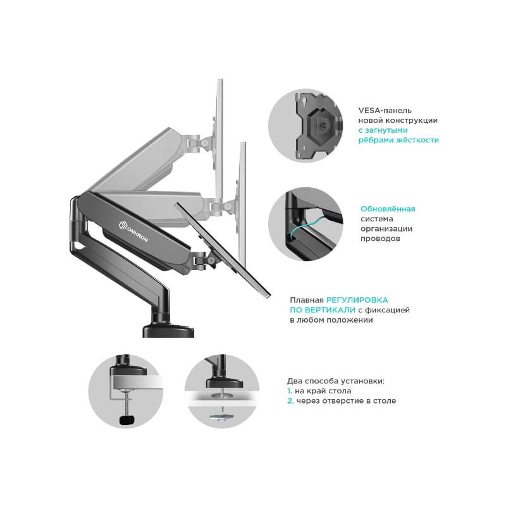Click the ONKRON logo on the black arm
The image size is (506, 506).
[133, 231]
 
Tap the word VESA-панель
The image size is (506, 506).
[385, 110]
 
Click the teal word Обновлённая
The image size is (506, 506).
[388, 209]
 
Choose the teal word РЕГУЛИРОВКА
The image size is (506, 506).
[357, 300]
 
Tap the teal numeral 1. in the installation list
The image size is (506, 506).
[290, 391]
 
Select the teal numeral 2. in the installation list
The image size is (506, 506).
[290, 401]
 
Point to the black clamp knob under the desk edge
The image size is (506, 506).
[127, 419]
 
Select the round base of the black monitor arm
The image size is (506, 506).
[168, 331]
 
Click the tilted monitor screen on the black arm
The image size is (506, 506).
[223, 250]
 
